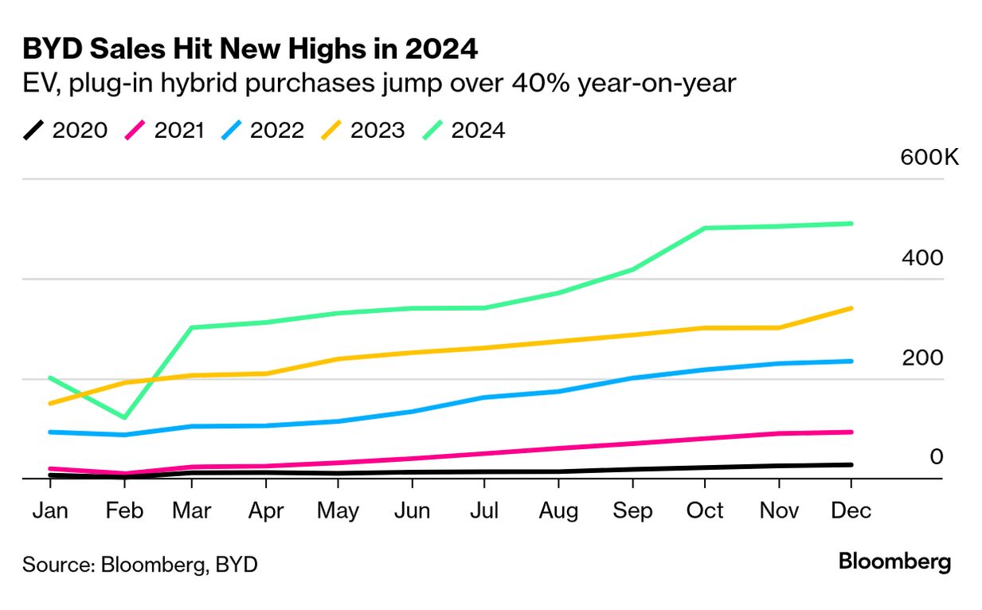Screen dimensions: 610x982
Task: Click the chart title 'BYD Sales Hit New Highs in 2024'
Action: coord(250,49)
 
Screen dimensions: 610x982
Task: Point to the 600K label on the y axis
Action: coord(929,156)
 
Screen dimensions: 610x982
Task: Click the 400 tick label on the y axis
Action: coord(922,258)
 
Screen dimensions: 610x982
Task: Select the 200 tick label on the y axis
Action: coord(922,358)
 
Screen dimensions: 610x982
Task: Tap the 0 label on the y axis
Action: coord(937,457)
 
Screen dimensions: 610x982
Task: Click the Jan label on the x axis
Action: coord(50,510)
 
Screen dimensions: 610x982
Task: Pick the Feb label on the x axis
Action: coord(124,510)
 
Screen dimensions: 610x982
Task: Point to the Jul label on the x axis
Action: coord(483,510)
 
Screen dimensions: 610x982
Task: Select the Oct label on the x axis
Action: coord(704,510)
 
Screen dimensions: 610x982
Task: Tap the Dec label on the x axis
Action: coord(851,510)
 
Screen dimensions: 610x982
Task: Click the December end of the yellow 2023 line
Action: coord(851,308)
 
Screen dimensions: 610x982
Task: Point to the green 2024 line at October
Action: coord(705,228)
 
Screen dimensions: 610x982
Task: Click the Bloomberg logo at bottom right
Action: coord(894,561)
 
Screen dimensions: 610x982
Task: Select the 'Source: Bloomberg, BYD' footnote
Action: coord(140,565)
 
